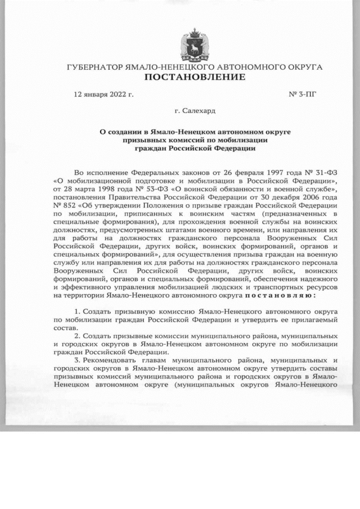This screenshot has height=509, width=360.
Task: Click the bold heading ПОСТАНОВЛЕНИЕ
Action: click(x=194, y=77)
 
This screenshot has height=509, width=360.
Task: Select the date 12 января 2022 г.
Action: click(x=103, y=94)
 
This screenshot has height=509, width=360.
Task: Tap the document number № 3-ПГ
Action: click(x=302, y=94)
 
